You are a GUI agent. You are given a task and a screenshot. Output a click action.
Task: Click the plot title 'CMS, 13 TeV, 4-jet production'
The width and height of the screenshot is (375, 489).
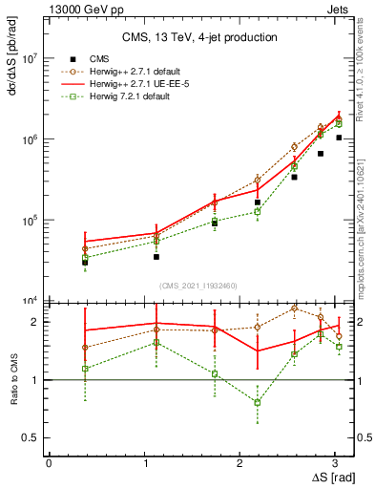tap(200, 37)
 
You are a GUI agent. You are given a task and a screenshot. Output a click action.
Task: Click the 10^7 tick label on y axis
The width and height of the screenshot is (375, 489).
tap(31, 58)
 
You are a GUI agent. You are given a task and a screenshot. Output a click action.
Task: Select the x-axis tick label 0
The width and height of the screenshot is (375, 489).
tap(49, 462)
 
